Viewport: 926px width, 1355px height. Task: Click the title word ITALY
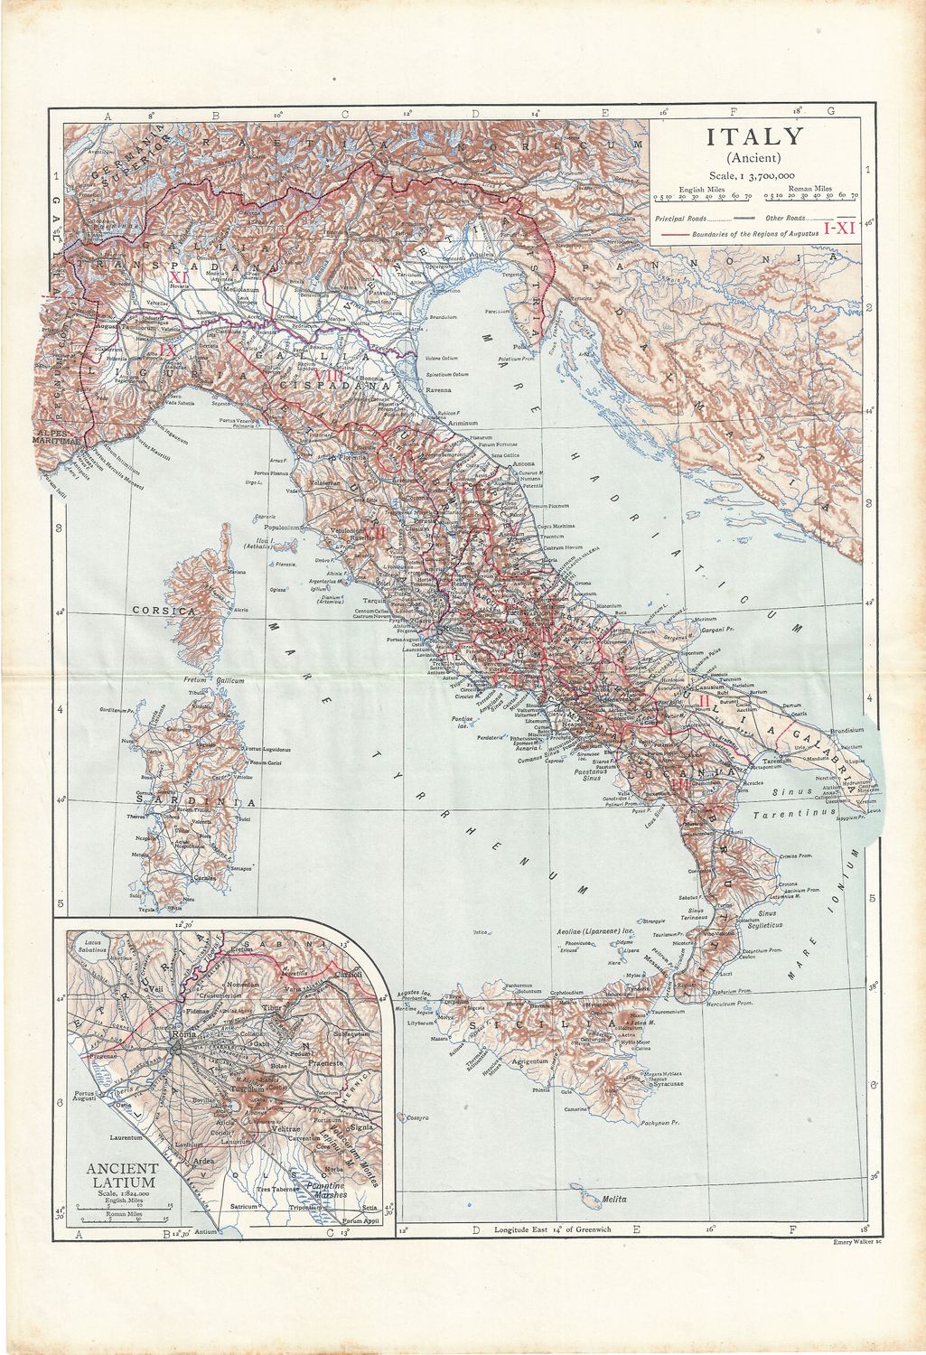(754, 137)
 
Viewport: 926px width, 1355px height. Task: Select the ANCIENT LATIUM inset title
(122, 1174)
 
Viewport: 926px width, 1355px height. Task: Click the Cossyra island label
(417, 1117)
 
